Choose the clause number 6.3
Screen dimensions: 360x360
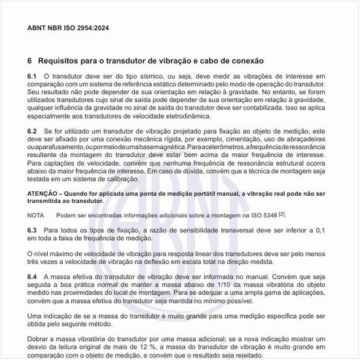click(x=32, y=231)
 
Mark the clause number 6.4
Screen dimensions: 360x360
click(x=32, y=278)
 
